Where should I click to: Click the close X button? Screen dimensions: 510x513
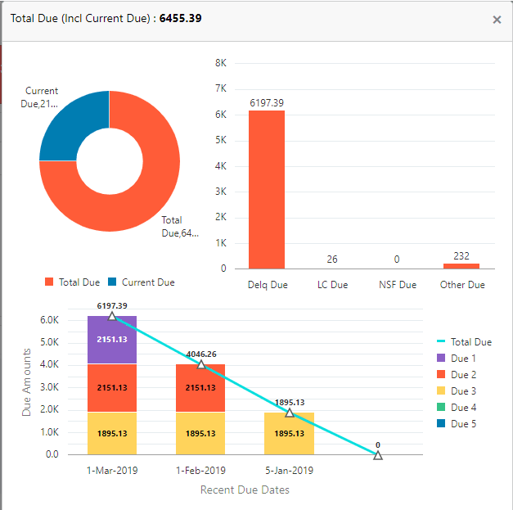497,20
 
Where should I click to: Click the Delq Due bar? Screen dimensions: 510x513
267,189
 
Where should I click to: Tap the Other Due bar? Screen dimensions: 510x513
461,265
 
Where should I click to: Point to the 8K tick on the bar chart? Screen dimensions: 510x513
220,63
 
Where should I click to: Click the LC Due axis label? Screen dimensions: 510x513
332,285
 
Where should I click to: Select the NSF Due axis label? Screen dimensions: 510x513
398,285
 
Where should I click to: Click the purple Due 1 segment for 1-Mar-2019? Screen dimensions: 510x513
111,339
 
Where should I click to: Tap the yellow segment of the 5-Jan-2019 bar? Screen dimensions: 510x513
289,433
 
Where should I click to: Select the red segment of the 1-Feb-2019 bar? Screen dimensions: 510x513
200,387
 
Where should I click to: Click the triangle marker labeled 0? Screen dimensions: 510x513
378,454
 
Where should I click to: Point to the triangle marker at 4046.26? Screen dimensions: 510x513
200,364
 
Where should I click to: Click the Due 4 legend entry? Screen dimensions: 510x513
462,408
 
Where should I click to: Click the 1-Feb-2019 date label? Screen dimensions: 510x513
200,471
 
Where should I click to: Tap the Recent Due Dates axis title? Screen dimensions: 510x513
245,490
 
